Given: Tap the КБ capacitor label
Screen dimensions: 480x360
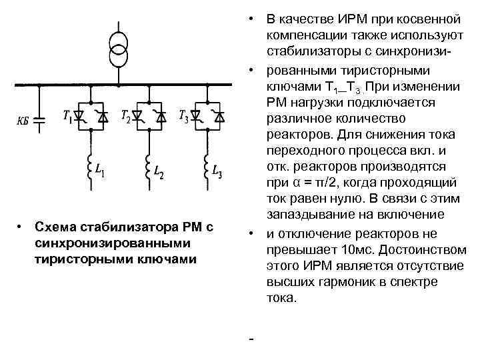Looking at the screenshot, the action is [x=23, y=121].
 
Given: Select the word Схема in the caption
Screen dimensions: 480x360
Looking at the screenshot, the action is [x=55, y=228].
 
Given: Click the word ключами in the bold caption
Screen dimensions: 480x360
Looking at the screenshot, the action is [x=171, y=259].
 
